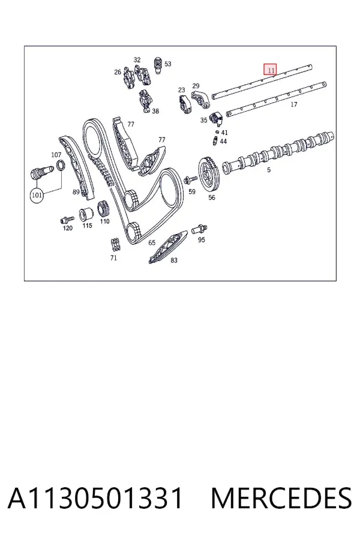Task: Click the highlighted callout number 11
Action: (271, 70)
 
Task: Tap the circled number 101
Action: (37, 195)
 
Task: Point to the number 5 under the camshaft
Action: (269, 170)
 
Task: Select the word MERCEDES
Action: (281, 498)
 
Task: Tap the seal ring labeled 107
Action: (61, 166)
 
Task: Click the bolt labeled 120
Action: (67, 219)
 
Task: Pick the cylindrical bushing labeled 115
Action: (85, 215)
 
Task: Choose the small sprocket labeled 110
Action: (103, 208)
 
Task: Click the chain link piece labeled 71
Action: (115, 245)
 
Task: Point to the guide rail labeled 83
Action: (167, 247)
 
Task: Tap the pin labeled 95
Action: (199, 229)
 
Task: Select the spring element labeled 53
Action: (158, 64)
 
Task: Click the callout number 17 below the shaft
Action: (294, 104)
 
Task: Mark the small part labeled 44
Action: (215, 140)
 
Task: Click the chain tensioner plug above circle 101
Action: (41, 172)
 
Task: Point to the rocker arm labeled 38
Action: (145, 101)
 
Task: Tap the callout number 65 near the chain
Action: (152, 243)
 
